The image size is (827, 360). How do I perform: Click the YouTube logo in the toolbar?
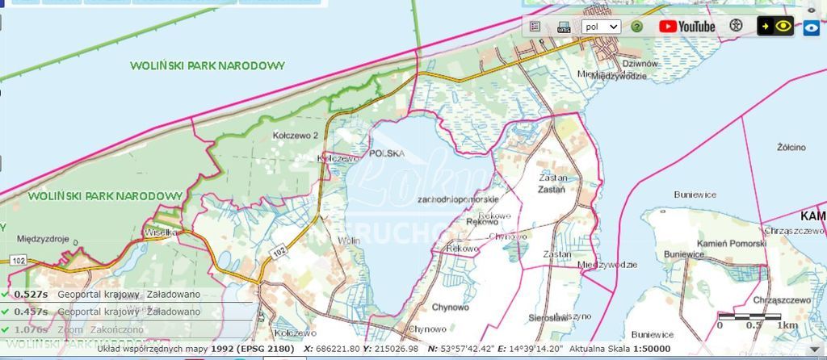(687, 26)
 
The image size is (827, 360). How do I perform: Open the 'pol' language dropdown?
(601, 26)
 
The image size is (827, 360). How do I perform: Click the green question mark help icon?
(637, 26)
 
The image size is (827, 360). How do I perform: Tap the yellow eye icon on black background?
(775, 26)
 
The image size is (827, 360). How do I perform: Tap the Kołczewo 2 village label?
(295, 136)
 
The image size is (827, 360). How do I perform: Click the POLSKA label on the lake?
(386, 153)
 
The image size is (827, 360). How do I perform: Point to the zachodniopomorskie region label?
(457, 199)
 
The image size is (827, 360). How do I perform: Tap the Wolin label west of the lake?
(349, 241)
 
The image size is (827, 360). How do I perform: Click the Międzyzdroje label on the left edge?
(41, 239)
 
